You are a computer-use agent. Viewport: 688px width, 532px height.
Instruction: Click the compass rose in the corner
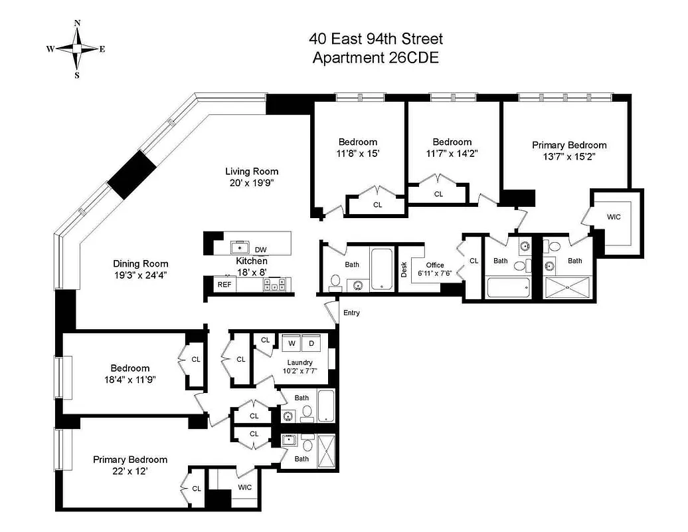tap(77, 49)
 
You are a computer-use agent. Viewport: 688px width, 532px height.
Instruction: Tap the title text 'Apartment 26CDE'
tap(375, 58)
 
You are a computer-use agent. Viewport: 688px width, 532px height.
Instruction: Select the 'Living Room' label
tap(251, 171)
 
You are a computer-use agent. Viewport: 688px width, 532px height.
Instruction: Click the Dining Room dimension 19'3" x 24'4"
tap(140, 275)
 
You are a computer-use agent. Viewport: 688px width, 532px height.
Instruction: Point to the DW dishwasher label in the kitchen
tap(261, 249)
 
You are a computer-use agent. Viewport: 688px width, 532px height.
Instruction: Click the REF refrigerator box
tap(222, 284)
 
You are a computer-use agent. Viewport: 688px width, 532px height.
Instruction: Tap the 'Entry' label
tap(351, 313)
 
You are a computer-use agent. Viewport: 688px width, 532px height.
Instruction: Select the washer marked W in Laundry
tap(291, 344)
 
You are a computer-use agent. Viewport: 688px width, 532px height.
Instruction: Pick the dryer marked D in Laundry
tap(311, 344)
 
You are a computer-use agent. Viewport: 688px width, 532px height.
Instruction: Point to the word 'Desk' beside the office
tap(403, 269)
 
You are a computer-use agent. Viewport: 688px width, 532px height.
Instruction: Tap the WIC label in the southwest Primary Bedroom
tap(244, 487)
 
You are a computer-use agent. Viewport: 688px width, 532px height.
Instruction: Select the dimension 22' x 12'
tap(129, 471)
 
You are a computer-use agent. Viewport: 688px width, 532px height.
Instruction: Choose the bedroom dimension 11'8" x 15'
tap(357, 153)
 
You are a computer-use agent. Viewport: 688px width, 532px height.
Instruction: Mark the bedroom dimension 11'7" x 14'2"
tap(452, 153)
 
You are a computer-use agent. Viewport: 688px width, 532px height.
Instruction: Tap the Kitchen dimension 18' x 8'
tap(252, 272)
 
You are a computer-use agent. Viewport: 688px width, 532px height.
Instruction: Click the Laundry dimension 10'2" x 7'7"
tap(300, 372)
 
